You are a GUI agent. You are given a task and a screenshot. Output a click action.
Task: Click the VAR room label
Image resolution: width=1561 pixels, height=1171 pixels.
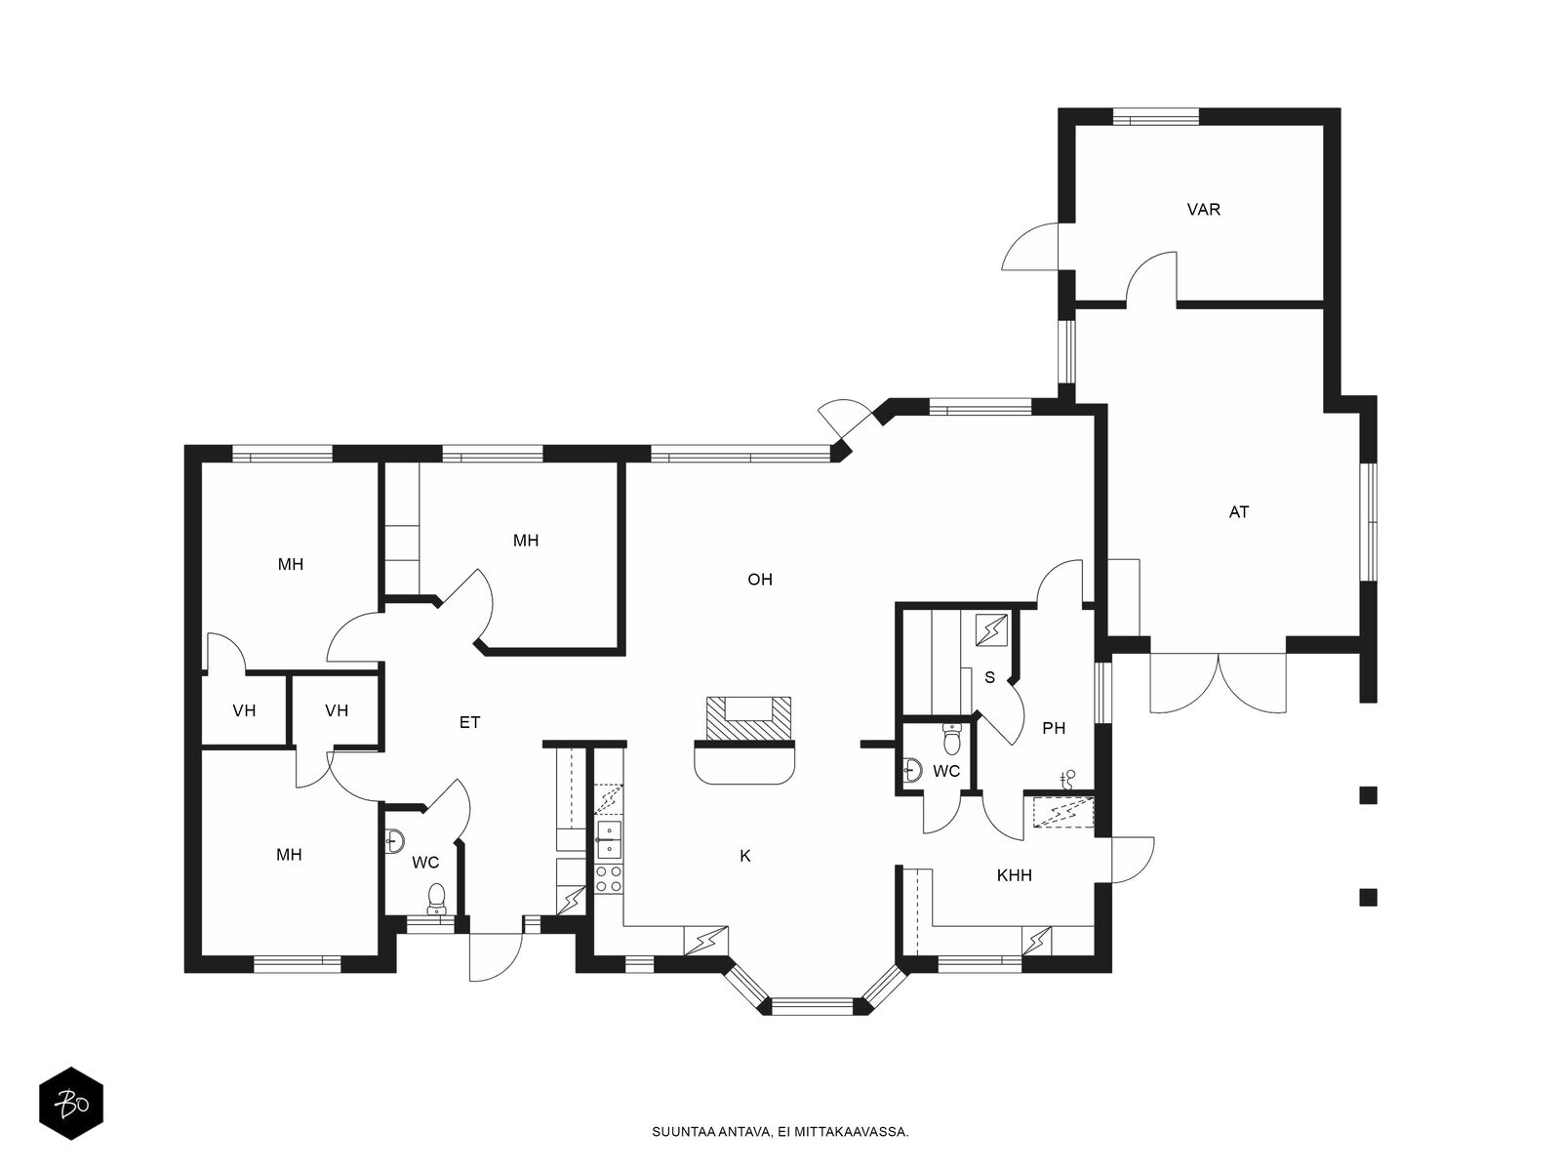point(1203,209)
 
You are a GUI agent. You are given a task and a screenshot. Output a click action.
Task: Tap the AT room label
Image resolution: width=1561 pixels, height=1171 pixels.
point(1239,512)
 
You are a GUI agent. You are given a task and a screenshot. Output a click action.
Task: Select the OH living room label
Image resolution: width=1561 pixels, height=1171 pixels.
point(759,580)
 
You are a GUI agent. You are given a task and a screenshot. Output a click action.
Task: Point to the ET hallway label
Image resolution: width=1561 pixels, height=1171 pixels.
point(469,722)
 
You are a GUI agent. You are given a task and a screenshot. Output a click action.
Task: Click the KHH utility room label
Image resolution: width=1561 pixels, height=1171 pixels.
point(1014,875)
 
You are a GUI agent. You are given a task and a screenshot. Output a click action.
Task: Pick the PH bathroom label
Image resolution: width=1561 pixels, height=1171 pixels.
point(1054,728)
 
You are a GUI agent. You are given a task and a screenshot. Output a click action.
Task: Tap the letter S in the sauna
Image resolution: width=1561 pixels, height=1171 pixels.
point(989,677)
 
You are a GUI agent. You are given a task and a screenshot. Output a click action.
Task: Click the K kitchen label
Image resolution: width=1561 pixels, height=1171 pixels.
point(745,856)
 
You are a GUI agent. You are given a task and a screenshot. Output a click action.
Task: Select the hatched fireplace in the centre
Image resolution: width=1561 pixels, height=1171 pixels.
point(747,718)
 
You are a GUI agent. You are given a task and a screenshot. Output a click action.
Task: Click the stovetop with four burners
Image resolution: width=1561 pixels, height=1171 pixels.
point(608,878)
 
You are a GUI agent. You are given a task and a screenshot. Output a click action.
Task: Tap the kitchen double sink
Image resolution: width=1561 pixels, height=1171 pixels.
point(608,839)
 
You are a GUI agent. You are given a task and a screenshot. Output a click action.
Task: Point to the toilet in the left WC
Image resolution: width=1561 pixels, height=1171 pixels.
point(436,900)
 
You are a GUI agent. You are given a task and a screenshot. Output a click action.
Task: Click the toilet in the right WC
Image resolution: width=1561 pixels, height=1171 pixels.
point(951,739)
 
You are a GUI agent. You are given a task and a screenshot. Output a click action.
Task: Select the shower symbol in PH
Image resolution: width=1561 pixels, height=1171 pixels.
point(1067,780)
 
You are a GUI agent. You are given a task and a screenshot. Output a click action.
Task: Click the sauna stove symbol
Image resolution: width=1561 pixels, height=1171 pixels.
point(991,629)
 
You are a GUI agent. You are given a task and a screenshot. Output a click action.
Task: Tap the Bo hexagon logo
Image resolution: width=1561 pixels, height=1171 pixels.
point(71,1104)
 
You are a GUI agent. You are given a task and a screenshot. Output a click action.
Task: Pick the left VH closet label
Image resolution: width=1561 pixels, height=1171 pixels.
point(244,710)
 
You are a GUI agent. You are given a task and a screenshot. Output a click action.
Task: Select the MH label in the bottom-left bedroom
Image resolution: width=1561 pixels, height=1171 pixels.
point(289,855)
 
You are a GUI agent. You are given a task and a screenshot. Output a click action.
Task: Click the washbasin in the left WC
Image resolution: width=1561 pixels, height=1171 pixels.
point(395,840)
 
